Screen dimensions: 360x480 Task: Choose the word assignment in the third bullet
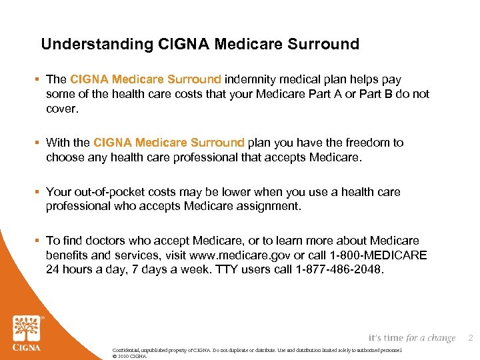pyautogui.click(x=263, y=206)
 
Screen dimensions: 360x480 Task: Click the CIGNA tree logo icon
pyautogui.click(x=26, y=327)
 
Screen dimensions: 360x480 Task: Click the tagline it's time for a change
pyautogui.click(x=411, y=339)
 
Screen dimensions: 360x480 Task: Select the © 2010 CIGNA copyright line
pyautogui.click(x=129, y=357)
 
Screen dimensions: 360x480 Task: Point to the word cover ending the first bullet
pyautogui.click(x=61, y=108)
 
